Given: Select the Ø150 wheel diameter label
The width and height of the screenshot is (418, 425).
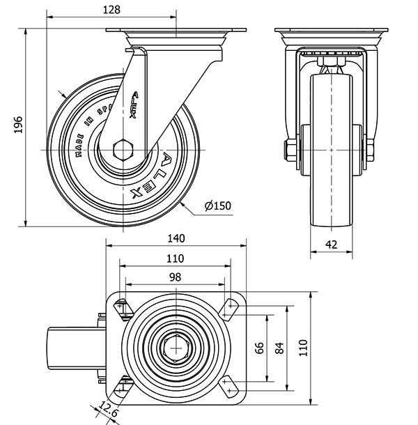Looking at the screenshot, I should (218, 206).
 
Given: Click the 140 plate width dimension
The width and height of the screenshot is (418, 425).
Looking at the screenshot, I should (176, 238).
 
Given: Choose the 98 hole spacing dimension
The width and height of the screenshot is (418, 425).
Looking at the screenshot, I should (174, 277).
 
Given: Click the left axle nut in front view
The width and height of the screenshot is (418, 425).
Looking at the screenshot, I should (289, 148).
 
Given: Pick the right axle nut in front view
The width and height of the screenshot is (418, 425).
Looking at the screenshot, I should (370, 148).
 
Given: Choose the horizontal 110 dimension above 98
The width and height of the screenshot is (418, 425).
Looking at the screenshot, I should (174, 258).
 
